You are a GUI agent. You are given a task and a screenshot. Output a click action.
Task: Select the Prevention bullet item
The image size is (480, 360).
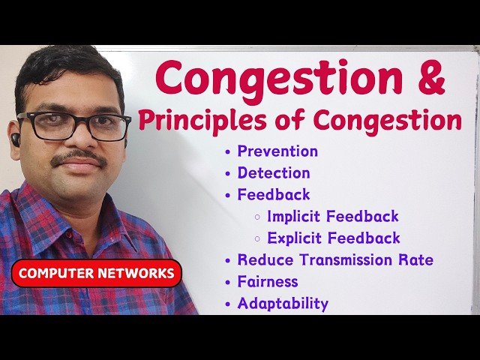tap(277, 151)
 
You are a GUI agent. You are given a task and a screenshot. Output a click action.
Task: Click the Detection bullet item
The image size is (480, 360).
tap(274, 172)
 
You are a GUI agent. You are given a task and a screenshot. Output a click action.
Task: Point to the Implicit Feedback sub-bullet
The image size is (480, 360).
tap(333, 216)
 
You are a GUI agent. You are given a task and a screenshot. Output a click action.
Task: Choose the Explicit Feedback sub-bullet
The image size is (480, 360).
tap(334, 238)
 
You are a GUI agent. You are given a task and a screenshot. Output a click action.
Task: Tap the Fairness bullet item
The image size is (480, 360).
tap(268, 282)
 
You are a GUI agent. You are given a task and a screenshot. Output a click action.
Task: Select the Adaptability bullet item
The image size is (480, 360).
tap(283, 304)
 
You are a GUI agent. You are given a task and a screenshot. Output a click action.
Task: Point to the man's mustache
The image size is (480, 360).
tap(78, 157)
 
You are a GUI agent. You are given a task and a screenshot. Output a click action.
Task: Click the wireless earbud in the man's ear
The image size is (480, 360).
tap(16, 139)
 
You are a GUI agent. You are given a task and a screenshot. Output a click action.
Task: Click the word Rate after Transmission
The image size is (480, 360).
tap(416, 260)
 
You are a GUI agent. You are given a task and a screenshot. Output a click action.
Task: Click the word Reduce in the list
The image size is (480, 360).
tap(262, 260)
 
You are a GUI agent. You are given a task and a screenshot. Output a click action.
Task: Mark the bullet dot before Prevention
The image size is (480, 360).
tap(228, 151)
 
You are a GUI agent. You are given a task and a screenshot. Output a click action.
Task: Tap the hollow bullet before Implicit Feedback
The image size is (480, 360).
tap(257, 217)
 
